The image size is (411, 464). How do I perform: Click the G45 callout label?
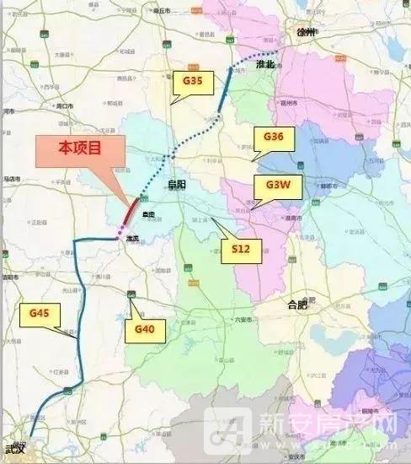[x=40, y=313]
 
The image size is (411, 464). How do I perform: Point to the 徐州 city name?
[x=305, y=31]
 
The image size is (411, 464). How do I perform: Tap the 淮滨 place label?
[x=131, y=240]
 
